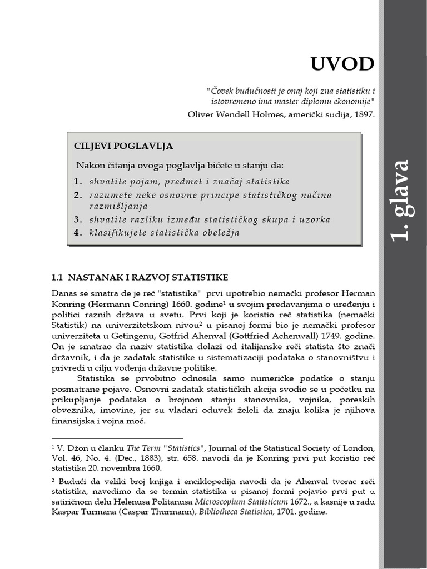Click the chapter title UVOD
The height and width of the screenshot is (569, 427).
tap(342, 64)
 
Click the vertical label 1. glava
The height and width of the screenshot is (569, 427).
tap(400, 200)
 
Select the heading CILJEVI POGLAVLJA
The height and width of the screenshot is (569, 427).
tap(123, 146)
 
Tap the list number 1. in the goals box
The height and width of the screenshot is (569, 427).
tap(78, 182)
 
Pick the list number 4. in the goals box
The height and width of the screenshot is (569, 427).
tap(78, 233)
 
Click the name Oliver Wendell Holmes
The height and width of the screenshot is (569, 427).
tap(244, 115)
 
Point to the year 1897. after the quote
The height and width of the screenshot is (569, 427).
tap(363, 115)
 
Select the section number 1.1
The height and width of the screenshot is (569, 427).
tap(58, 277)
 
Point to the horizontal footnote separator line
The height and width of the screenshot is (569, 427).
tap(117, 438)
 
